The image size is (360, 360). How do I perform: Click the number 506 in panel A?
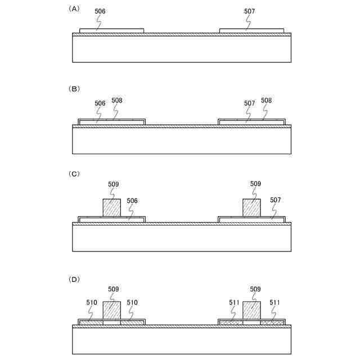click(100, 11)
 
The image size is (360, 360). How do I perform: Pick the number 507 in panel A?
click(249, 11)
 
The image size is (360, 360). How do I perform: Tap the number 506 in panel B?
click(100, 103)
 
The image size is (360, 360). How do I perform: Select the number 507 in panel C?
click(276, 200)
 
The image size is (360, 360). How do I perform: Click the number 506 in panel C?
click(133, 200)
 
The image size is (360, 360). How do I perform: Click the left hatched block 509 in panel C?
click(111, 208)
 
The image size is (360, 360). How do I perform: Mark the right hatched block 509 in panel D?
click(251, 310)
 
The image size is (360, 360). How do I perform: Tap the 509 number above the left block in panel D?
click(113, 289)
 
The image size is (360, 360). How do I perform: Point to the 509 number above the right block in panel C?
click(255, 183)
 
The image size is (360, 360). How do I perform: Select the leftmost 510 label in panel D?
click(92, 303)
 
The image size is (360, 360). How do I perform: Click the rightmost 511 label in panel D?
click(275, 303)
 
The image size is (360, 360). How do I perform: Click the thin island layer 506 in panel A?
click(111, 30)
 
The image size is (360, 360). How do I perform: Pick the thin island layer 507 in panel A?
click(251, 30)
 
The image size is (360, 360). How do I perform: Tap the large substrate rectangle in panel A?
click(182, 49)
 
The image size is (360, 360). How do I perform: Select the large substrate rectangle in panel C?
click(182, 237)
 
